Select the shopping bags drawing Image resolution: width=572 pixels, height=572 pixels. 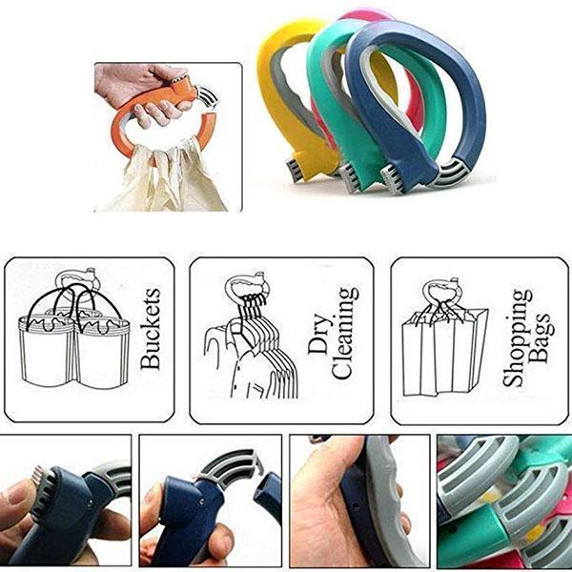point(443,353)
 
